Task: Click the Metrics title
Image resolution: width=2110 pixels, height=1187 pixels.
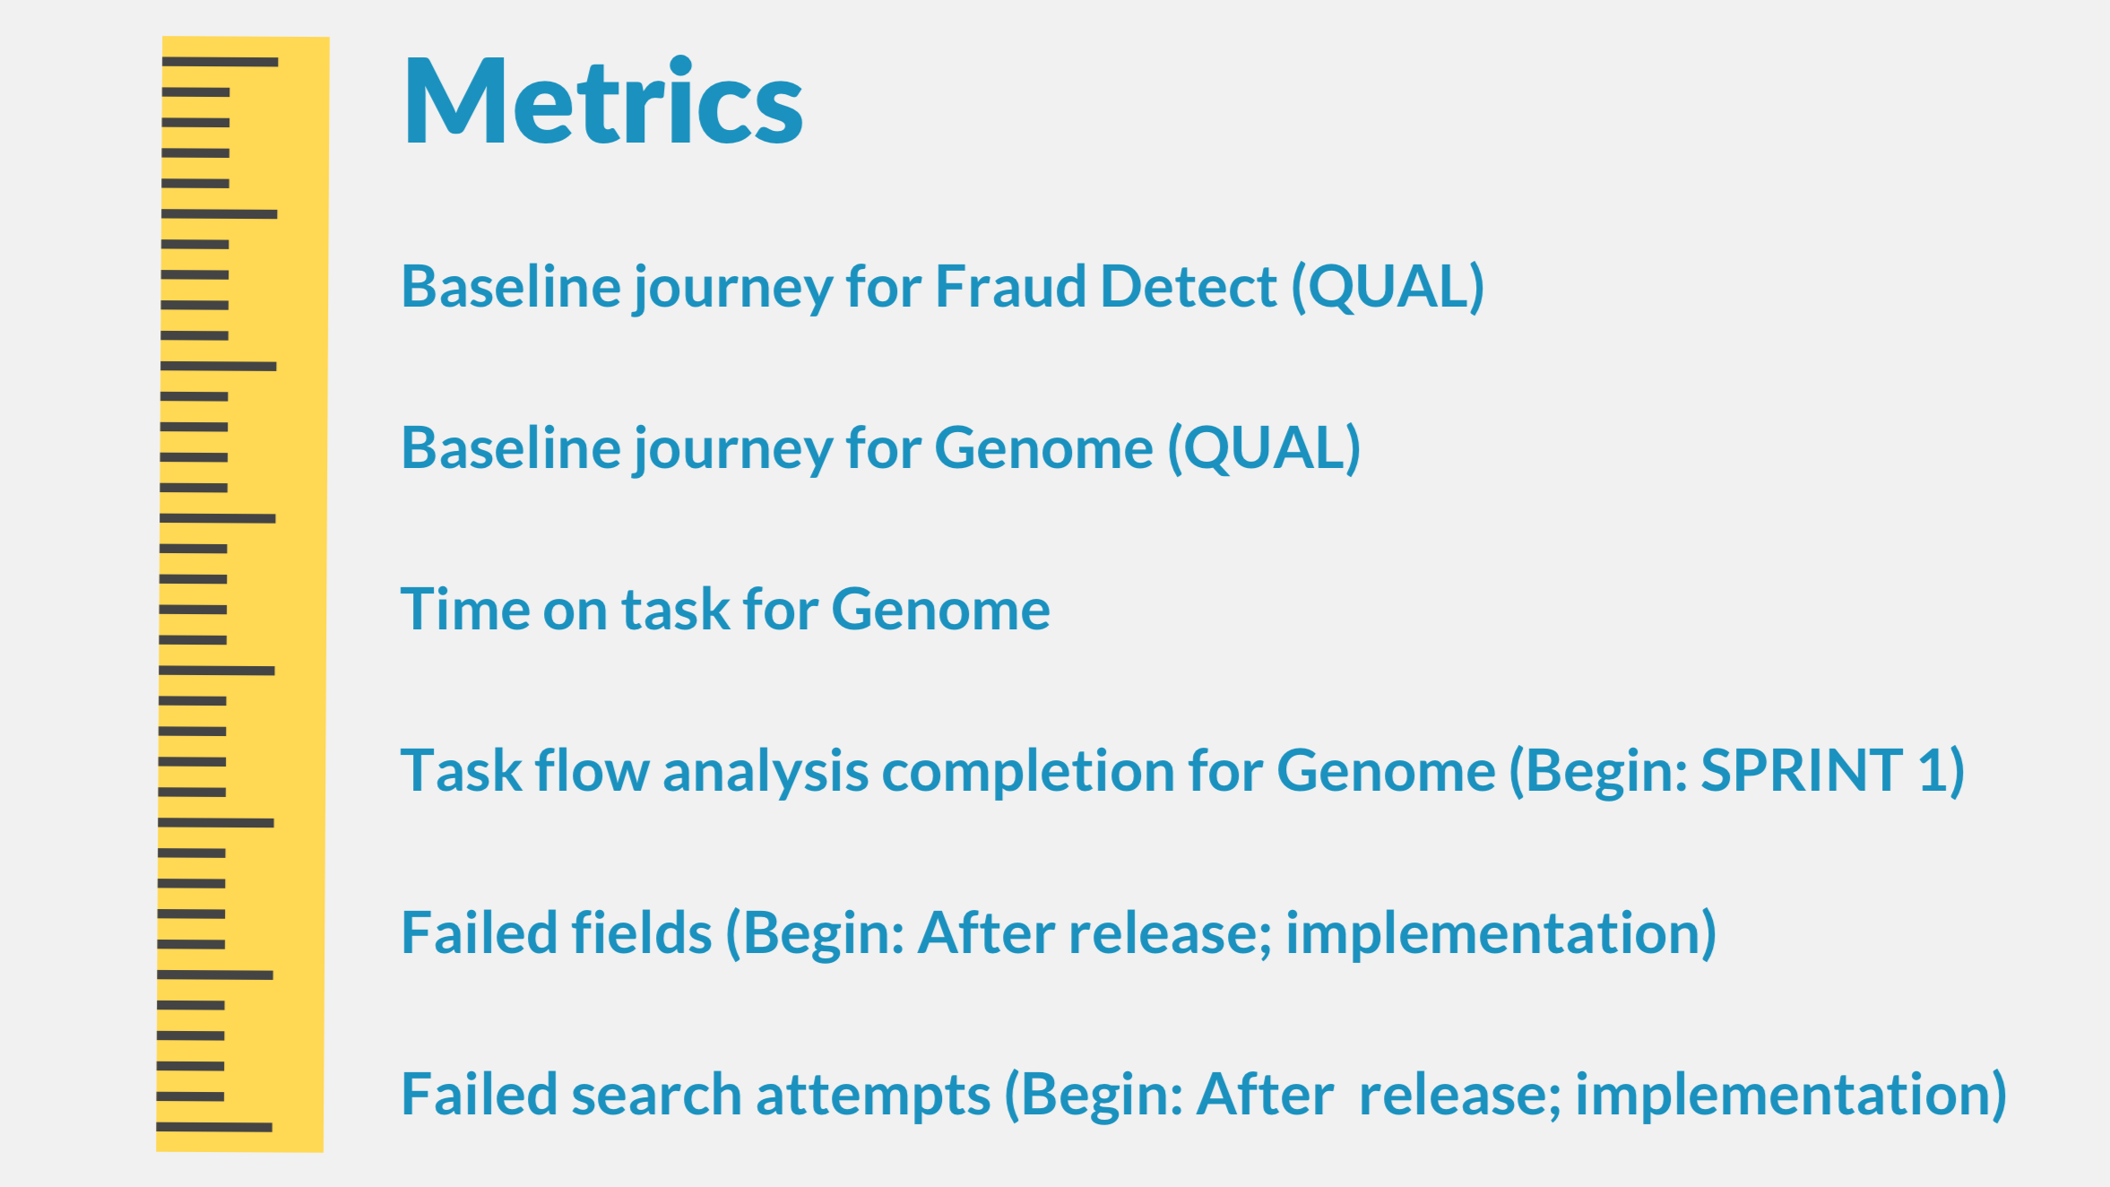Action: (603, 100)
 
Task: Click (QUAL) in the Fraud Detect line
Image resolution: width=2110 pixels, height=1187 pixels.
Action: (1388, 287)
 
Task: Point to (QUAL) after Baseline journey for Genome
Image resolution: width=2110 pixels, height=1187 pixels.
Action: (1264, 448)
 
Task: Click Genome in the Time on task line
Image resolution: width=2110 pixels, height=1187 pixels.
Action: (940, 610)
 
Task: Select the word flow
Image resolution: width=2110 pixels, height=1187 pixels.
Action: (592, 770)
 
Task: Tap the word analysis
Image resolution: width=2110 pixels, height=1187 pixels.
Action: (765, 772)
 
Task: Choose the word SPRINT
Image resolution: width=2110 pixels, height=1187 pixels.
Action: (1802, 770)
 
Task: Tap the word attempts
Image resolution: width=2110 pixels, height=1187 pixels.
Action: (873, 1096)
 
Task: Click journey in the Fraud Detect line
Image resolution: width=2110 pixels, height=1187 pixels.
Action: (732, 289)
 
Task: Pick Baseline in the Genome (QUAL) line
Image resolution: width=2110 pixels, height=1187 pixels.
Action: (511, 448)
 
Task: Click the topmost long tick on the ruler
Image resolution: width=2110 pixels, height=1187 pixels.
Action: (220, 62)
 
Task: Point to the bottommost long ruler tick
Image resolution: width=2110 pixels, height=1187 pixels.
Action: (214, 1127)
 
